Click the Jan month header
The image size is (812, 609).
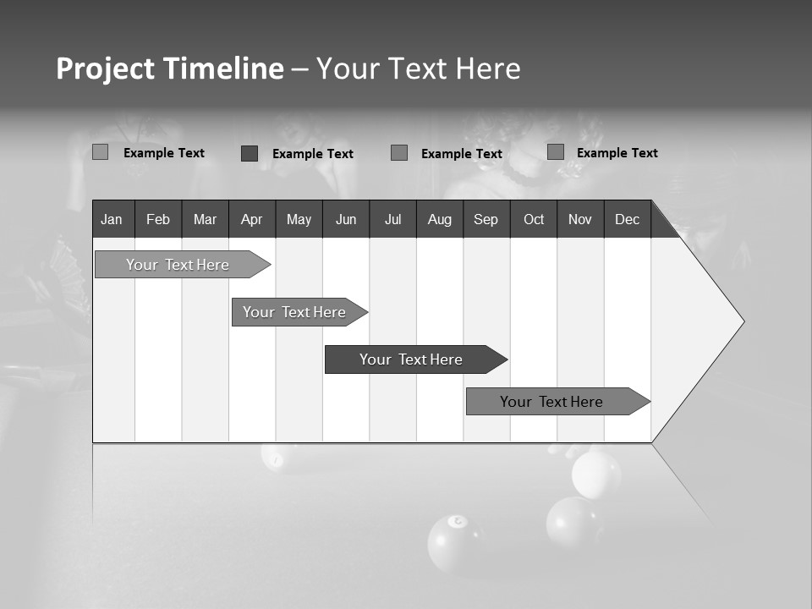pyautogui.click(x=112, y=219)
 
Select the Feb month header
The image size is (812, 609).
pyautogui.click(x=158, y=219)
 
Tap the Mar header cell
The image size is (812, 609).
pyautogui.click(x=205, y=219)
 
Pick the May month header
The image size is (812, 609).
pyautogui.click(x=299, y=219)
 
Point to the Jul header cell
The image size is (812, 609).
pyautogui.click(x=392, y=219)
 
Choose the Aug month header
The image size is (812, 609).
pyautogui.click(x=439, y=219)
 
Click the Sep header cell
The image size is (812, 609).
pyautogui.click(x=486, y=219)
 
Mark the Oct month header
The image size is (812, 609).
pyautogui.click(x=534, y=219)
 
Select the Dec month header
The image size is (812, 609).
pyautogui.click(x=627, y=219)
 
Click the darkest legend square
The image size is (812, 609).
pyautogui.click(x=250, y=153)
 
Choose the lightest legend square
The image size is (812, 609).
pyautogui.click(x=100, y=152)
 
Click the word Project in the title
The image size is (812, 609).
pyautogui.click(x=105, y=69)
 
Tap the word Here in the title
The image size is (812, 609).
pyautogui.click(x=488, y=69)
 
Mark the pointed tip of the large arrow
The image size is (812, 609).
pyautogui.click(x=742, y=321)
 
